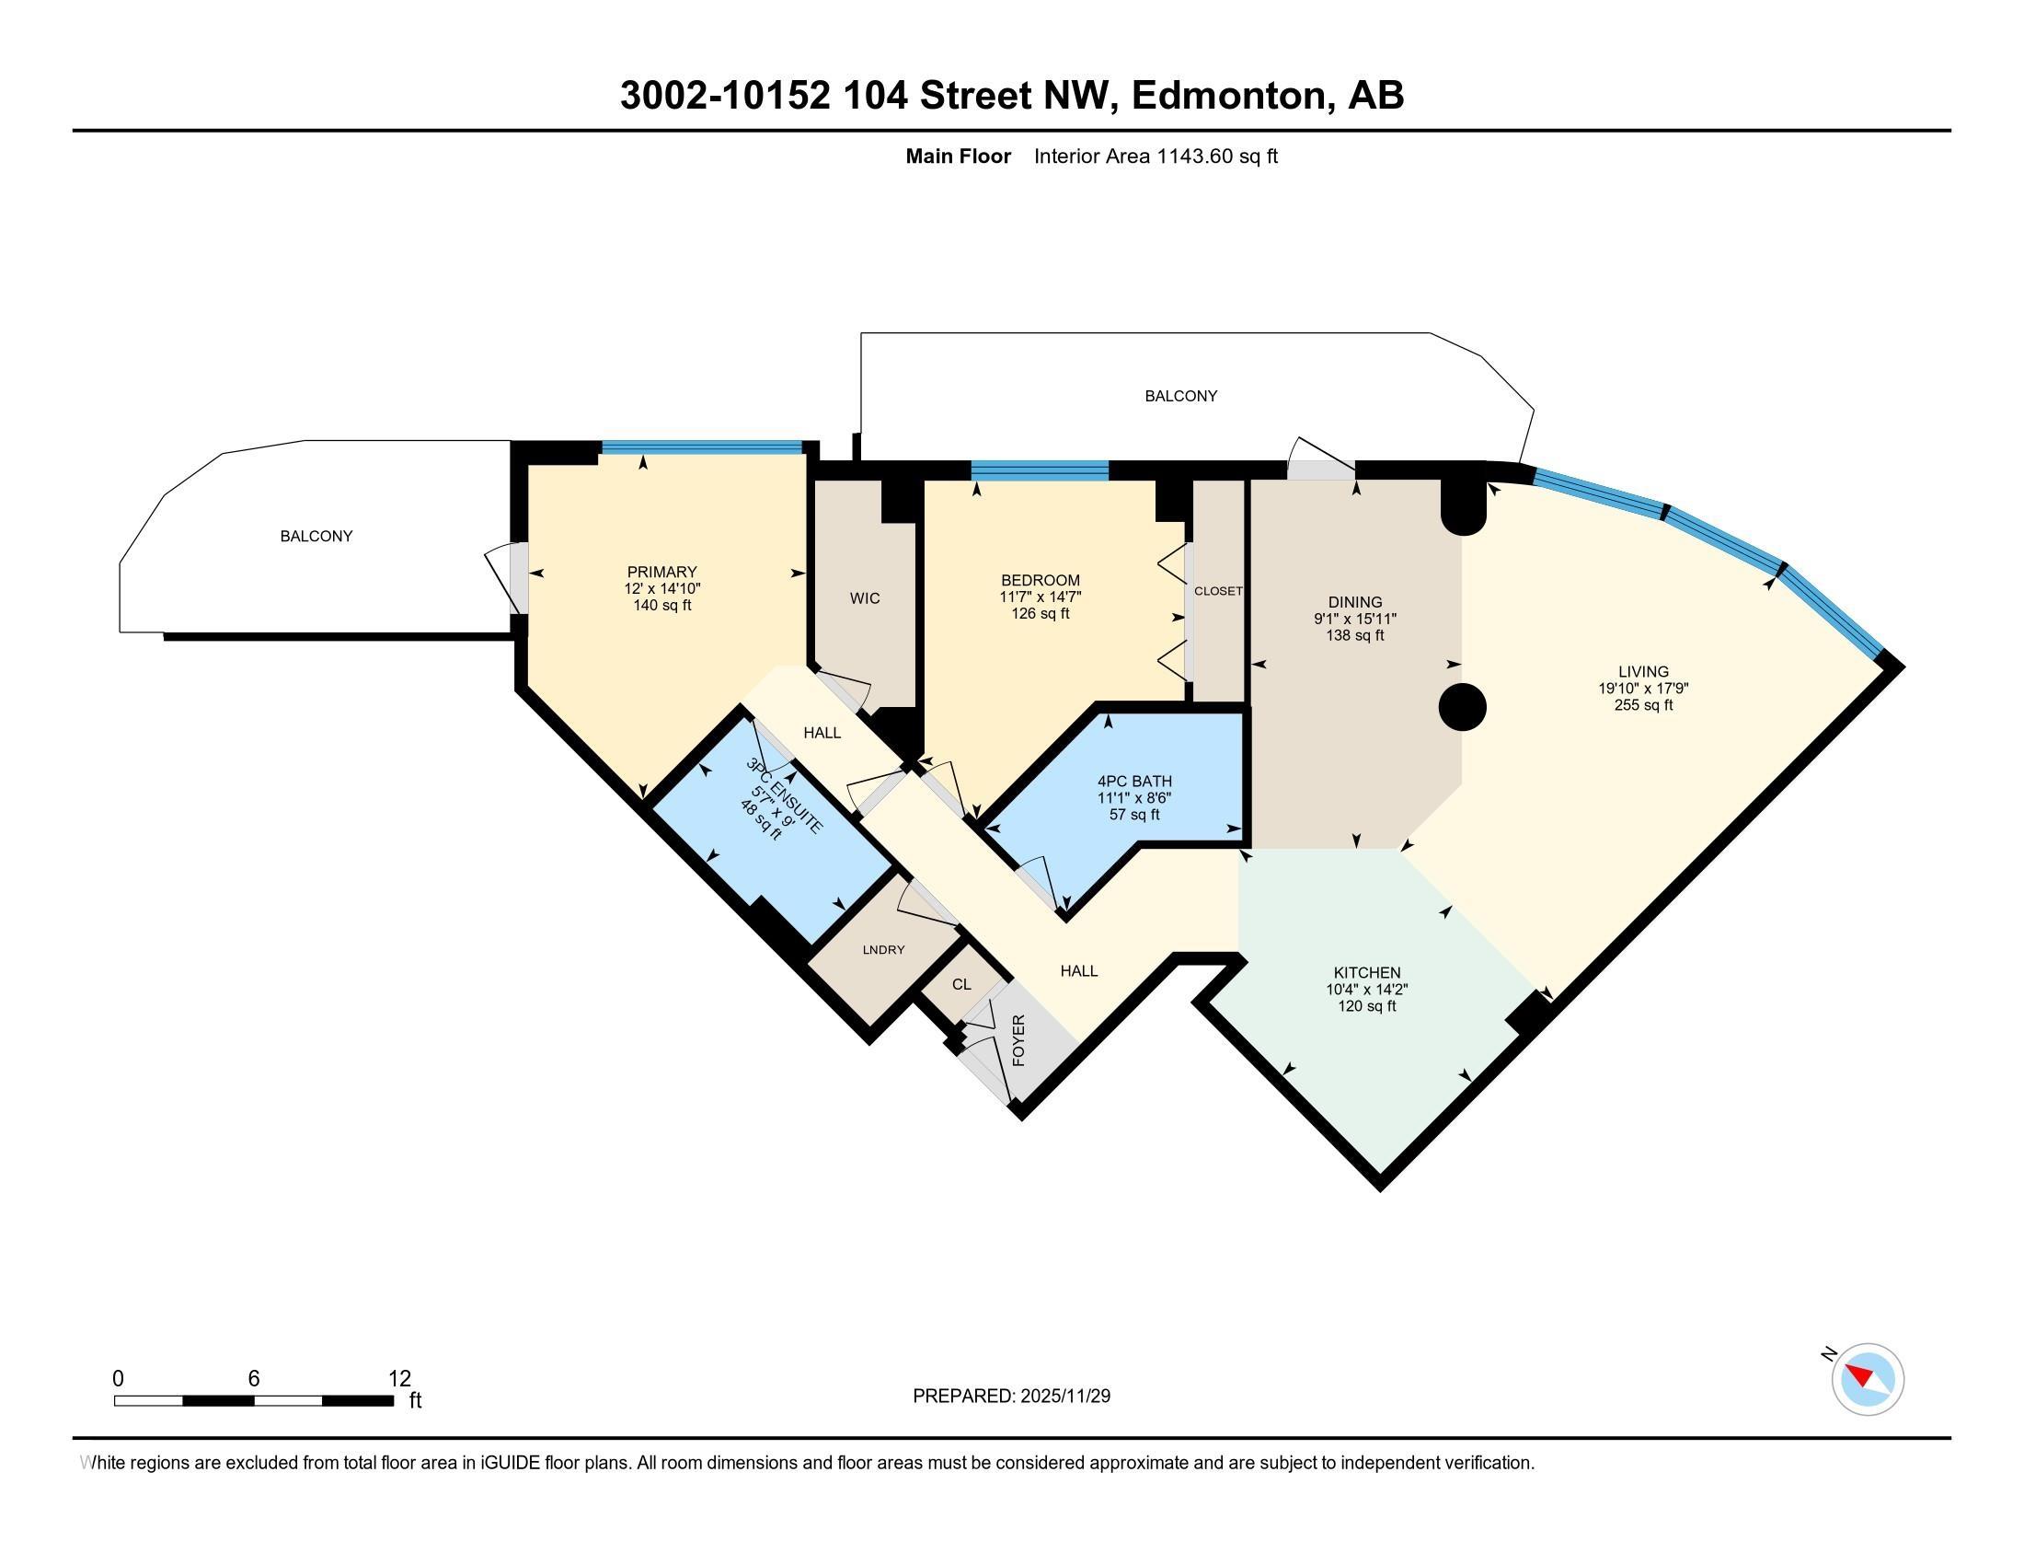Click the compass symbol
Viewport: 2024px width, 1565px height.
tap(1868, 1379)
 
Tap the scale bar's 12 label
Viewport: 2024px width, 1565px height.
tap(399, 1378)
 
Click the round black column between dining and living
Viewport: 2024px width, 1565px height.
tap(1463, 707)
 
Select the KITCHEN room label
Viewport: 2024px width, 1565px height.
tap(1367, 972)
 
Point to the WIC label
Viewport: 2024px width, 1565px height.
tap(865, 599)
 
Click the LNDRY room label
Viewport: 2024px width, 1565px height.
tap(883, 949)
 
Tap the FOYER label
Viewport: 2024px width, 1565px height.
tap(1018, 1040)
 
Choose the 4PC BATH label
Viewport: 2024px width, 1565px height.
tap(1134, 782)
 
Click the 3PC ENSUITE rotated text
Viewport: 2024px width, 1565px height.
tap(784, 796)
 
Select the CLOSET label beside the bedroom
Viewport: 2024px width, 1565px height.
tap(1218, 591)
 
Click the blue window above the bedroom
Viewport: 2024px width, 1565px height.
tap(1040, 471)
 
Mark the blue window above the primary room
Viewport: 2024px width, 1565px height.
tap(702, 447)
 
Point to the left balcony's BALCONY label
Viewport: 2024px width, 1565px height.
tap(316, 536)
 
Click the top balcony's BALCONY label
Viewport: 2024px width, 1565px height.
tap(1180, 396)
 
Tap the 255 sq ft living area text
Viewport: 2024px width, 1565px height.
tap(1643, 704)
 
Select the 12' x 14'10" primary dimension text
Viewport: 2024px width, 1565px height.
tap(661, 589)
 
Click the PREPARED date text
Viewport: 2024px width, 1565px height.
tap(1011, 1396)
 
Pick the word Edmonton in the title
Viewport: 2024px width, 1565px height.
tap(1231, 96)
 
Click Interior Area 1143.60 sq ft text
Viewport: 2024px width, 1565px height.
tap(1156, 156)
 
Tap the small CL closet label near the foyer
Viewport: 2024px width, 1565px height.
tap(961, 984)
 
